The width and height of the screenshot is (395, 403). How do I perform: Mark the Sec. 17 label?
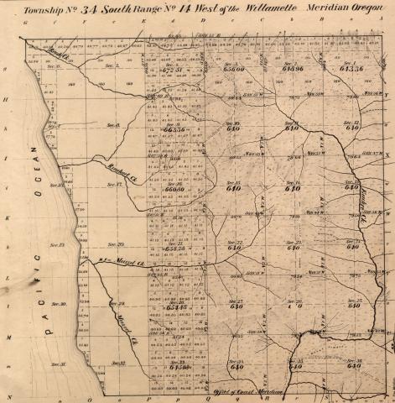115,183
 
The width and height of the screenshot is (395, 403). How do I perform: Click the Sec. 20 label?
116,243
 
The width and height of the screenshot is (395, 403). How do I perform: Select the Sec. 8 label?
115,124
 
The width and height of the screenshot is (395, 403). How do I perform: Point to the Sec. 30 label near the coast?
58,303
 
